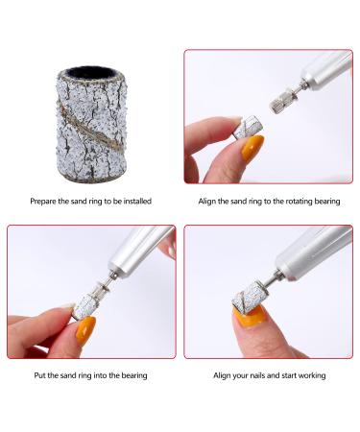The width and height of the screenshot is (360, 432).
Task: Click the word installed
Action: coord(134,200)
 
